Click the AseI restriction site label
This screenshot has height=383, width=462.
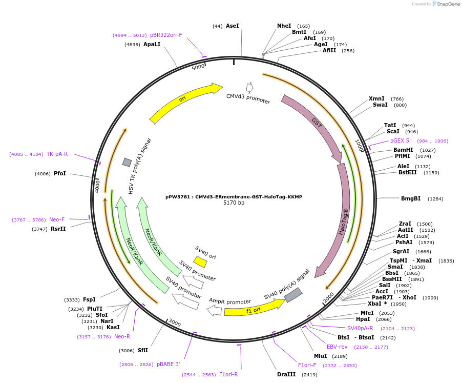click(233, 26)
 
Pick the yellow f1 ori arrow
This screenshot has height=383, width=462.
click(254, 309)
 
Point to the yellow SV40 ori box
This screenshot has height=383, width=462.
click(200, 262)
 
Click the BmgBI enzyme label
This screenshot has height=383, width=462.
click(411, 198)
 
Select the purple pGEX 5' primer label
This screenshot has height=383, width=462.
click(401, 140)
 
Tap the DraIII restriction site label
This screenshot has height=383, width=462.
click(286, 374)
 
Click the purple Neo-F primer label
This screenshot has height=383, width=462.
click(57, 219)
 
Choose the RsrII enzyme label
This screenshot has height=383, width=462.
click(58, 229)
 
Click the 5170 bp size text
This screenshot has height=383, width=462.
click(234, 203)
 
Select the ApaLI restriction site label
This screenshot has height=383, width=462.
click(152, 45)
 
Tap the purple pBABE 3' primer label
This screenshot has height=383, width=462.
click(169, 364)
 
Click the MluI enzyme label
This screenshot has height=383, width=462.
click(320, 356)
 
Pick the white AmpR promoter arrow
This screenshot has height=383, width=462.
click(214, 310)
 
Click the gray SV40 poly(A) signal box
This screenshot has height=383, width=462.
click(293, 295)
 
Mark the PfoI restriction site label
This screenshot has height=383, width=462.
click(60, 173)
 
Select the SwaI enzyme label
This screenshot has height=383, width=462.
click(380, 105)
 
